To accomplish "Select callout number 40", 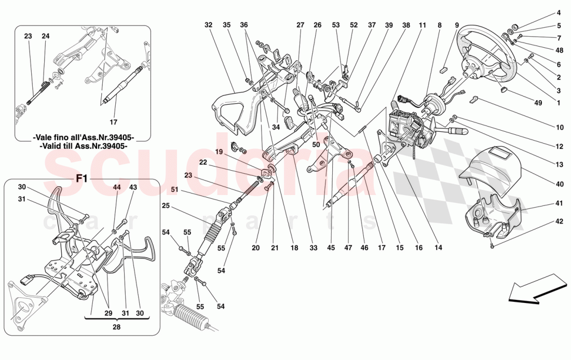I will [559, 183].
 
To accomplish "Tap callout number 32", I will [209, 24].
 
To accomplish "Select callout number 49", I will [538, 103].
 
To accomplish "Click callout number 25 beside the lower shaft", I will [165, 206].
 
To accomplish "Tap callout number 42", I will [559, 221].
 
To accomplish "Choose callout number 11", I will [422, 24].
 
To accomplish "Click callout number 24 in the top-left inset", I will [45, 36].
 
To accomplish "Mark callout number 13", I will [559, 164].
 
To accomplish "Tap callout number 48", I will [559, 51].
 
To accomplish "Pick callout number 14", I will [439, 248].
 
